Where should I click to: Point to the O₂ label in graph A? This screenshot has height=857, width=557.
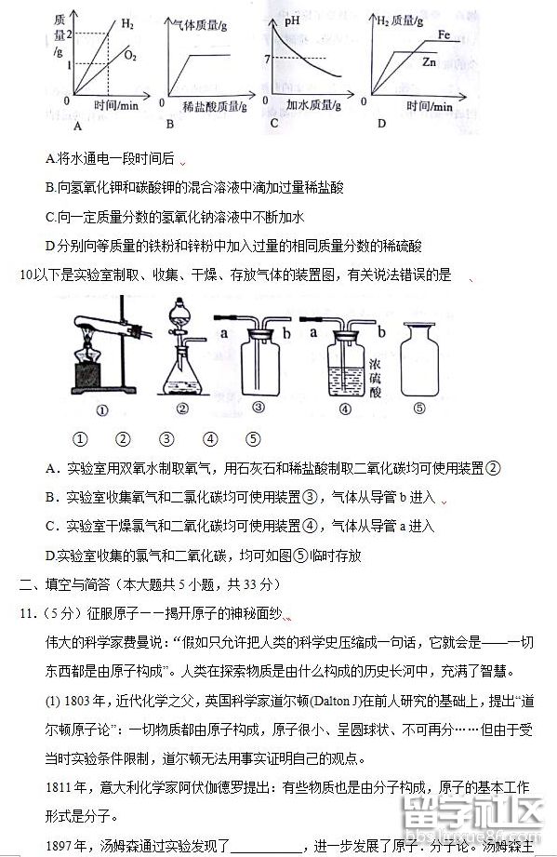click(x=130, y=56)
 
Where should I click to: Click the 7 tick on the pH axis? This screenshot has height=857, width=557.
click(x=267, y=60)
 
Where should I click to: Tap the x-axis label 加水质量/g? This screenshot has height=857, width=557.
click(x=316, y=106)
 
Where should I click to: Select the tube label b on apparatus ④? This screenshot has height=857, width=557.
click(x=383, y=331)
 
